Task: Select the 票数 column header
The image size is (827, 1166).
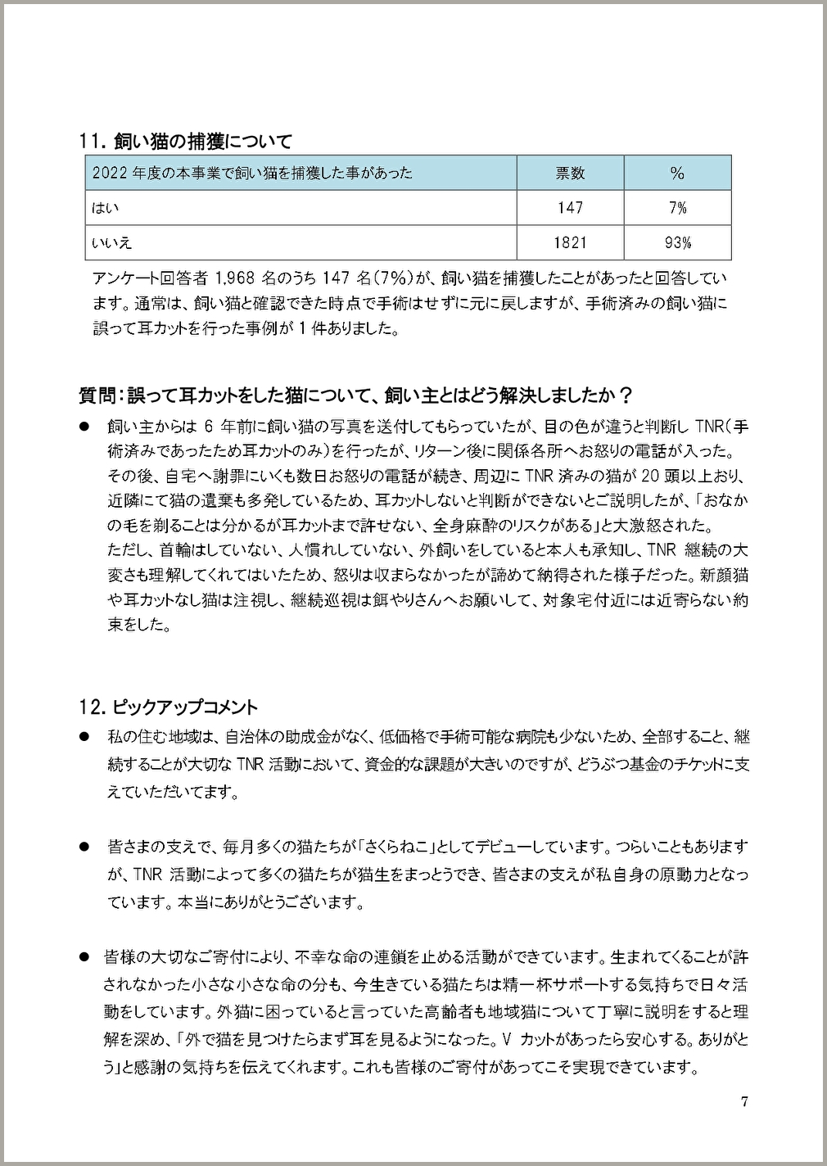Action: coord(570,173)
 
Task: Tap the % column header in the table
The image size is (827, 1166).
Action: coord(676,173)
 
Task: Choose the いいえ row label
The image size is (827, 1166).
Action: coord(112,242)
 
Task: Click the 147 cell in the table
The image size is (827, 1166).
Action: coord(570,208)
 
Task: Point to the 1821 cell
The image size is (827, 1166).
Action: coord(570,242)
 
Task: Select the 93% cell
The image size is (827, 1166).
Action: coord(677,242)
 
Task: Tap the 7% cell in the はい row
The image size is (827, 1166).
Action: coord(677,208)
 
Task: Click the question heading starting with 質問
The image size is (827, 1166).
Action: coord(355,395)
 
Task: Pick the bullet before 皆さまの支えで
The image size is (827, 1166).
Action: coord(84,846)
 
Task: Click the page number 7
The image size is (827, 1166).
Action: coord(744,1101)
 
